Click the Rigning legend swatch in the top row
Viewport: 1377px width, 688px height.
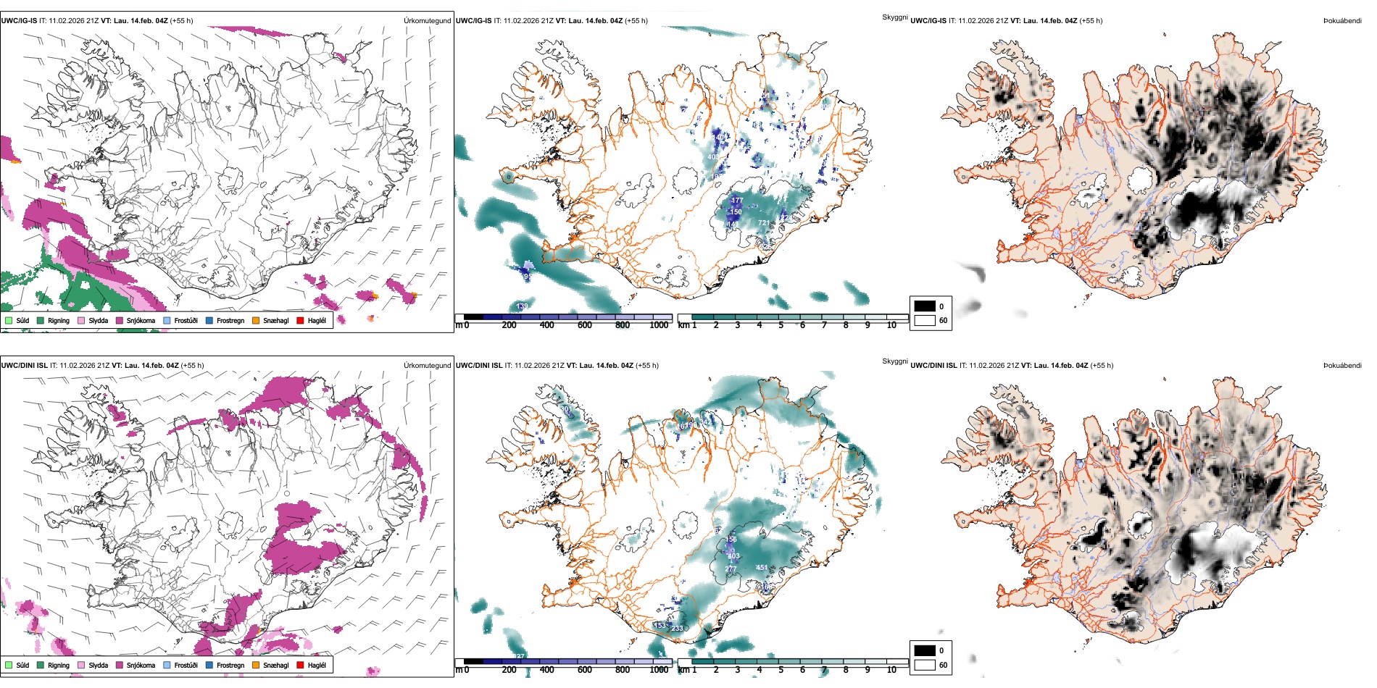[41, 320]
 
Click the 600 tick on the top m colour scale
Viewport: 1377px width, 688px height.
[584, 325]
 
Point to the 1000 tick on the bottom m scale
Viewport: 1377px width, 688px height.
[659, 670]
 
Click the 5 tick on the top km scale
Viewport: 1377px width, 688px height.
[781, 325]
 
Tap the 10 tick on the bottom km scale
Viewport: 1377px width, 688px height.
[891, 670]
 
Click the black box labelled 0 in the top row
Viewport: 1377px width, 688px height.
[925, 306]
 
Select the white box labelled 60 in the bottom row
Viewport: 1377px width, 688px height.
[925, 665]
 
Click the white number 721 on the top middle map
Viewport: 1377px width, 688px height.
[764, 223]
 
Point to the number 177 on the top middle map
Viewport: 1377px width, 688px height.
[737, 201]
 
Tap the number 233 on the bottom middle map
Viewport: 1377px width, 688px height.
[677, 628]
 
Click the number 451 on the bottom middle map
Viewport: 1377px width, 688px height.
[762, 568]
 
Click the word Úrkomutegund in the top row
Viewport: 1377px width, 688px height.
[427, 21]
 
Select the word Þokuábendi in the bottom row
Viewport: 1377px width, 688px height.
[1342, 366]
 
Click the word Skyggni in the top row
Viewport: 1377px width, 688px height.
[894, 17]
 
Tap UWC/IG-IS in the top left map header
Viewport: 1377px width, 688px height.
[19, 21]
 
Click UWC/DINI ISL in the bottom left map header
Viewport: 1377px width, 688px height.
[24, 366]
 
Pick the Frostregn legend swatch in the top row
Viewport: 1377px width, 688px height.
[209, 320]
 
